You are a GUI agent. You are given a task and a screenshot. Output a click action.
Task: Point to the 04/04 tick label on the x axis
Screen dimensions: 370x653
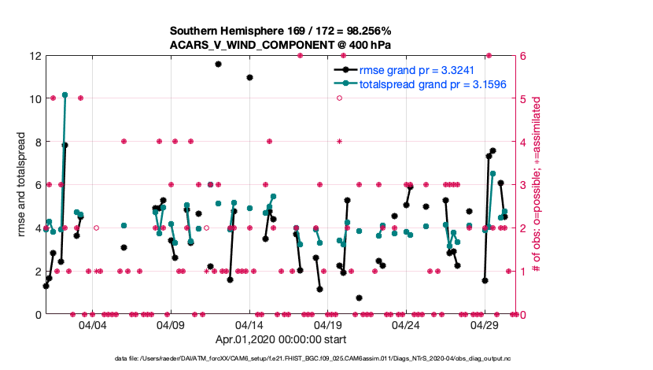[92, 324]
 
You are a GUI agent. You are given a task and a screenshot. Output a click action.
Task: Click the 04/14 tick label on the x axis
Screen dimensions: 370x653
[249, 324]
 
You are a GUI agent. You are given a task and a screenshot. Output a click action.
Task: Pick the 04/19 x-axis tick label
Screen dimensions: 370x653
[327, 324]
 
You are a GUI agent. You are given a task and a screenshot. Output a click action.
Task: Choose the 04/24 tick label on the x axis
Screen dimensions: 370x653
[406, 324]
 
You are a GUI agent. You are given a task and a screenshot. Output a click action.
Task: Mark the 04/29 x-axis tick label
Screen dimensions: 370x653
[485, 324]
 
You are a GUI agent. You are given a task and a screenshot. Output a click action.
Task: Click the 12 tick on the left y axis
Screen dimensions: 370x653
[35, 57]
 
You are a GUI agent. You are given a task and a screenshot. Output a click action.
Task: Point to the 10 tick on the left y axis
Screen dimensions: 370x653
[35, 99]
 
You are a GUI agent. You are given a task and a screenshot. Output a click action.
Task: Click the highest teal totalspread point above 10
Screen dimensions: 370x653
[65, 94]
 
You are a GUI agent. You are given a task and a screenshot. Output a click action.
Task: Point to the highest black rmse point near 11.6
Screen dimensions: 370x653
[218, 64]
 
